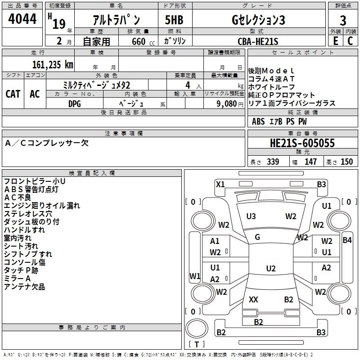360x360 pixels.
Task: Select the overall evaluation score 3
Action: [343, 21]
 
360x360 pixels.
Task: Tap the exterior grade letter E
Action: [335, 40]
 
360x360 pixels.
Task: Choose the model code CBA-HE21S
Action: [258, 41]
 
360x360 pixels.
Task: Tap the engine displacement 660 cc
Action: [138, 41]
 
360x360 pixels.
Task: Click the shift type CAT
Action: [13, 94]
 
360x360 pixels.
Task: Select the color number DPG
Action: [75, 103]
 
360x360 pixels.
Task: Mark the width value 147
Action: [310, 162]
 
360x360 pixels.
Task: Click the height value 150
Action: [346, 162]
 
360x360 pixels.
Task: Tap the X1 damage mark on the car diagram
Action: [220, 184]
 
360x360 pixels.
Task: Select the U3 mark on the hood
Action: [251, 216]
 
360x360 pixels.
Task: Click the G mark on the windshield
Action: [257, 237]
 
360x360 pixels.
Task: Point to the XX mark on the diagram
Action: [253, 299]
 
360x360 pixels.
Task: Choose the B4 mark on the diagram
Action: [347, 240]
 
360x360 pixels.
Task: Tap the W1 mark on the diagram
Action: [194, 275]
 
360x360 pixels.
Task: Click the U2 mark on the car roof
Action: [270, 269]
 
